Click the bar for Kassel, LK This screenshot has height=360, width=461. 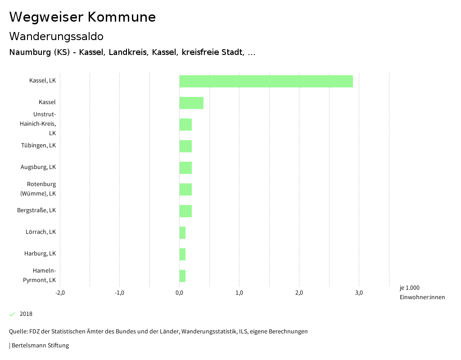coord(266,81)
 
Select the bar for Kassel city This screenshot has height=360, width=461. coord(191,103)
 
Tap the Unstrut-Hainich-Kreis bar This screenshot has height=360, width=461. coord(185,124)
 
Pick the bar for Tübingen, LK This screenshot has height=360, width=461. coord(185,146)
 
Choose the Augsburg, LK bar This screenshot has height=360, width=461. coord(185,168)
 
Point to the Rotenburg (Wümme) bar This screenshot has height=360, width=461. coord(185,189)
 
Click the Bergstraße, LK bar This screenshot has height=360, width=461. coord(185,211)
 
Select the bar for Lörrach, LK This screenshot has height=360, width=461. coord(182,232)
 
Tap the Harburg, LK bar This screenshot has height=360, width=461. coord(182,254)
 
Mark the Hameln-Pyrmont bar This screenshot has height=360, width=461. coord(182,276)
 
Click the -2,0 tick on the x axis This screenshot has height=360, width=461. coord(60,293)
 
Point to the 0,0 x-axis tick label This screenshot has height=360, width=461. coord(179,293)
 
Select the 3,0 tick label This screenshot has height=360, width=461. coord(359,293)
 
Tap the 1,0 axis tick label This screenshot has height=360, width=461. coord(239,293)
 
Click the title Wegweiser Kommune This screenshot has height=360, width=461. coord(82,17)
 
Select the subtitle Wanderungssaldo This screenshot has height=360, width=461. coord(56,36)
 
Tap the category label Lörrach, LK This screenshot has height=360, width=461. coord(41,232)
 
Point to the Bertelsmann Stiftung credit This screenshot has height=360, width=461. coord(40,346)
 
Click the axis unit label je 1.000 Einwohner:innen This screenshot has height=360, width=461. coord(422,292)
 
